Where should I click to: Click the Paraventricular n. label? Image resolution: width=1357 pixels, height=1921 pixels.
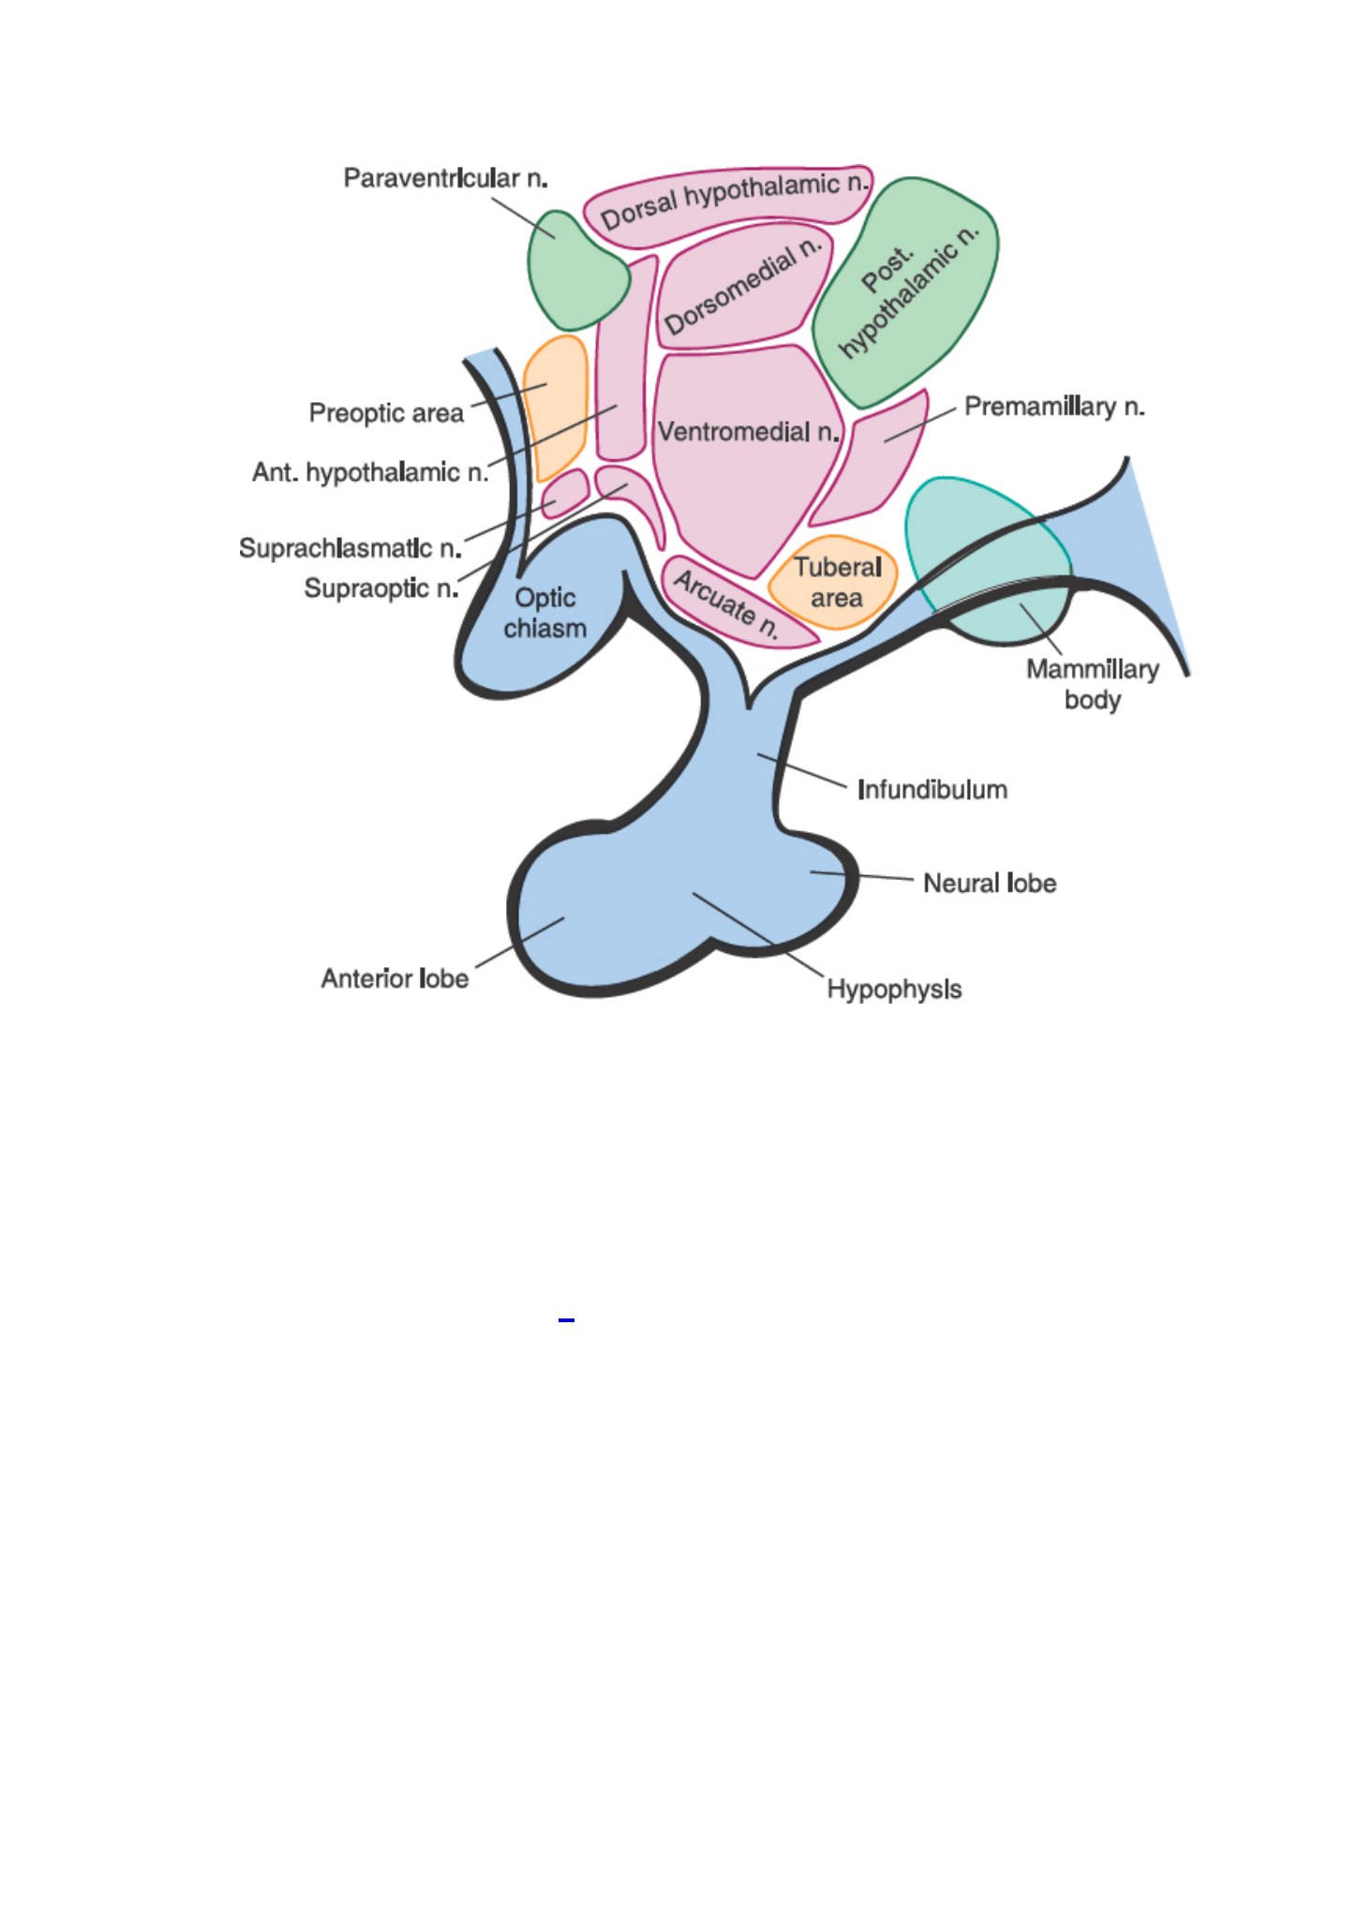point(445,178)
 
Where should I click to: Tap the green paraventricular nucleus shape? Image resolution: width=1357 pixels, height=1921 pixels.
point(575,272)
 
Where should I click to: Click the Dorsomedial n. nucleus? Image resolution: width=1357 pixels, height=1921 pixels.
point(743,285)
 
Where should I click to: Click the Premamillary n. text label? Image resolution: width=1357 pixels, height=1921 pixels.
point(1054,407)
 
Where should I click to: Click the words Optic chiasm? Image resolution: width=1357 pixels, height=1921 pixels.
point(545,613)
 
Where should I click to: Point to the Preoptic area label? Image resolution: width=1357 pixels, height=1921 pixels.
point(386,413)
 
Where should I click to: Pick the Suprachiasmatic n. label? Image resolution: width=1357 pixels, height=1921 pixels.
point(350,548)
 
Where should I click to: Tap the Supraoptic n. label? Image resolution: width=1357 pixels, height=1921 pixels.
point(381,588)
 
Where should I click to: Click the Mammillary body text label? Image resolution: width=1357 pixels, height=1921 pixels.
point(1093,684)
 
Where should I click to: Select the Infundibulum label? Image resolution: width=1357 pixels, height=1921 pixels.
point(932,790)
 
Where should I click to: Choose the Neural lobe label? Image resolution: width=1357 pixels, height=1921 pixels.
point(990,884)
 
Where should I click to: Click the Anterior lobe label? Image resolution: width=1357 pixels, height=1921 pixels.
point(395,979)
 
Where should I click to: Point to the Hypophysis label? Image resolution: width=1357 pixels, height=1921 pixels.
point(894,990)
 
